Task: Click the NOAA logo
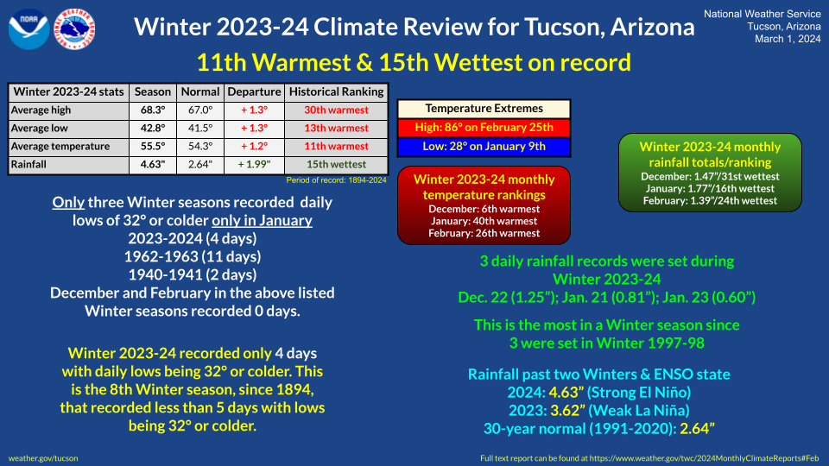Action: coord(29,29)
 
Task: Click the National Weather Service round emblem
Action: coord(74,29)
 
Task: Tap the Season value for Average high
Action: coord(153,110)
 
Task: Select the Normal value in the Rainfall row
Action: coord(200,164)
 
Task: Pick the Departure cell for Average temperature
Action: coord(254,147)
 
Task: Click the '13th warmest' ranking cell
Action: coord(336,129)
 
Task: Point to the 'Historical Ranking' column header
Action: coord(336,92)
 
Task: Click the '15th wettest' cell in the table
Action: coord(336,164)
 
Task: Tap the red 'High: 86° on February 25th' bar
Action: coord(484,128)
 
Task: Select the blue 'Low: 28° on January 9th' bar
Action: coord(484,147)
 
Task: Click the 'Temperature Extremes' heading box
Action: coord(484,109)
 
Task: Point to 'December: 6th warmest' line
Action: coord(484,209)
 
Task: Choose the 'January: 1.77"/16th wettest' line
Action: coord(710,189)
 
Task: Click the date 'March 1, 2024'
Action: coord(788,39)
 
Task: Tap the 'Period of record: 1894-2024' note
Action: coord(336,180)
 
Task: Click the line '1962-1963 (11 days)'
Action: coord(193,257)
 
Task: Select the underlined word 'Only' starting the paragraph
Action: coord(68,202)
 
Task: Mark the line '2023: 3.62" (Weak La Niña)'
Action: coord(599,411)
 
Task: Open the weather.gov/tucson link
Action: coord(43,458)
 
